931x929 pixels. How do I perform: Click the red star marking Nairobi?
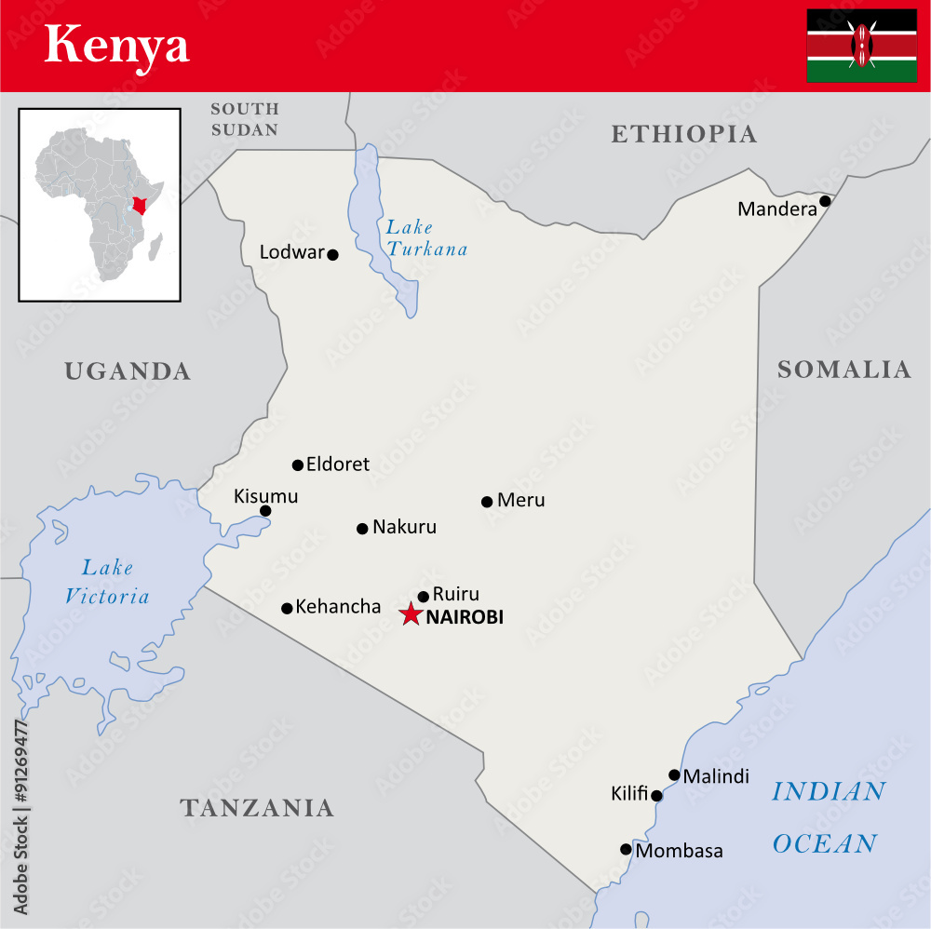point(410,614)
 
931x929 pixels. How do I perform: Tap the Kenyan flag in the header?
point(861,46)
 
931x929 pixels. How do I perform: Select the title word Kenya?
point(116,46)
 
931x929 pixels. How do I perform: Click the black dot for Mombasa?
point(626,849)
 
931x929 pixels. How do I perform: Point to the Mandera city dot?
point(825,201)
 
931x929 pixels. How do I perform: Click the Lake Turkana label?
point(426,238)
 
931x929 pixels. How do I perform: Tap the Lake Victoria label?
point(106,582)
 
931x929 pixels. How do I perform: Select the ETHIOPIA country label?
point(683,134)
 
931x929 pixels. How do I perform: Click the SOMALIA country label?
point(843,370)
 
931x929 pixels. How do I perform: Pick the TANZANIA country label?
point(257,807)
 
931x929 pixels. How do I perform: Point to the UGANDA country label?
point(128,371)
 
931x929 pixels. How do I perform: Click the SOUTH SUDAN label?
point(245,119)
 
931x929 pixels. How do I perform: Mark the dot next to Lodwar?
point(332,254)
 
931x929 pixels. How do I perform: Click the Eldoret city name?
point(338,464)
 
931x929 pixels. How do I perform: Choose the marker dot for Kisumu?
point(265,510)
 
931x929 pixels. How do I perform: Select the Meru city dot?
point(487,502)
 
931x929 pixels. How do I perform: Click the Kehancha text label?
point(338,607)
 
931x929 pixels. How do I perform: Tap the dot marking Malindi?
point(674,774)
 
